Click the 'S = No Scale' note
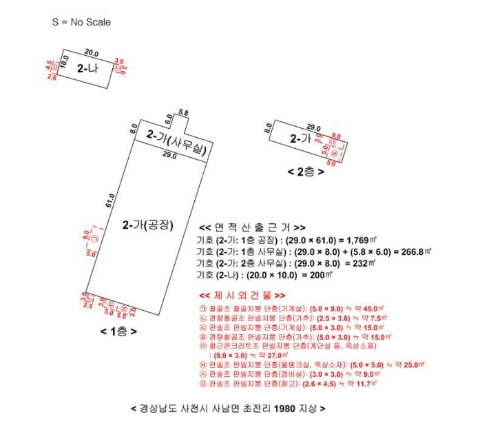[x=81, y=22]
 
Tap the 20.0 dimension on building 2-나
[x=92, y=53]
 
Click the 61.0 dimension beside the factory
[x=112, y=201]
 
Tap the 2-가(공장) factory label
[x=147, y=225]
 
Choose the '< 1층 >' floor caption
[x=118, y=331]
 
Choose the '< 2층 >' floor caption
[x=306, y=171]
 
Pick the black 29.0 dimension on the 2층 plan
[x=314, y=127]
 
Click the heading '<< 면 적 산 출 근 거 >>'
[x=251, y=227]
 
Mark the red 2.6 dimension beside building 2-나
[x=52, y=77]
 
